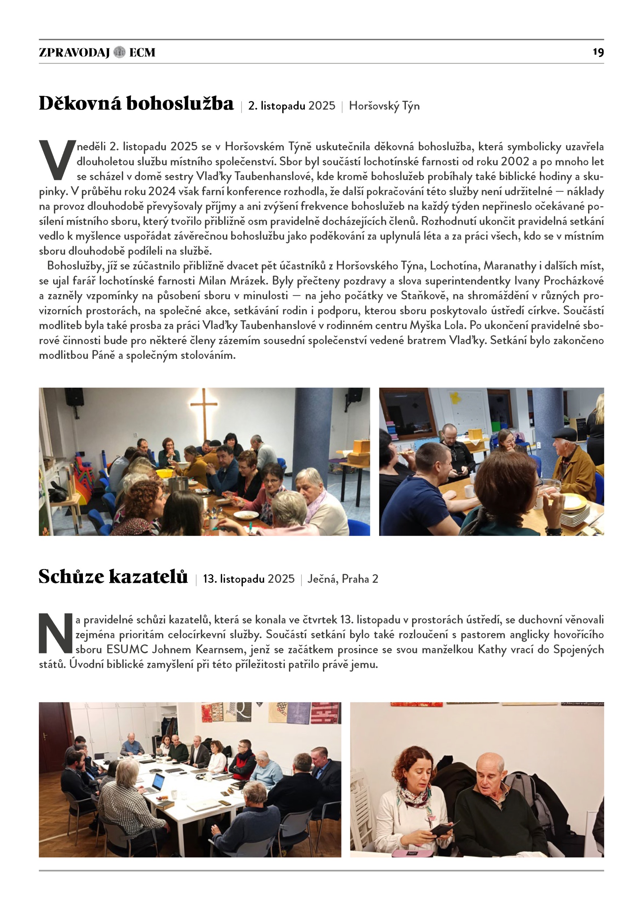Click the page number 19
(598, 52)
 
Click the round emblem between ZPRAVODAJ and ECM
(119, 52)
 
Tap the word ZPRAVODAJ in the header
(74, 52)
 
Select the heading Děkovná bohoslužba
(136, 104)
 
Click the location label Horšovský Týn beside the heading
(384, 106)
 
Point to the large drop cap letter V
(57, 160)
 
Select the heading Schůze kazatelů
(113, 576)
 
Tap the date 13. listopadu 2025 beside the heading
(249, 579)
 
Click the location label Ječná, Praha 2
(343, 579)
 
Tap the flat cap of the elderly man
(564, 433)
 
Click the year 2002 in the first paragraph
(515, 161)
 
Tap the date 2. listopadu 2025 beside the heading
(291, 106)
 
